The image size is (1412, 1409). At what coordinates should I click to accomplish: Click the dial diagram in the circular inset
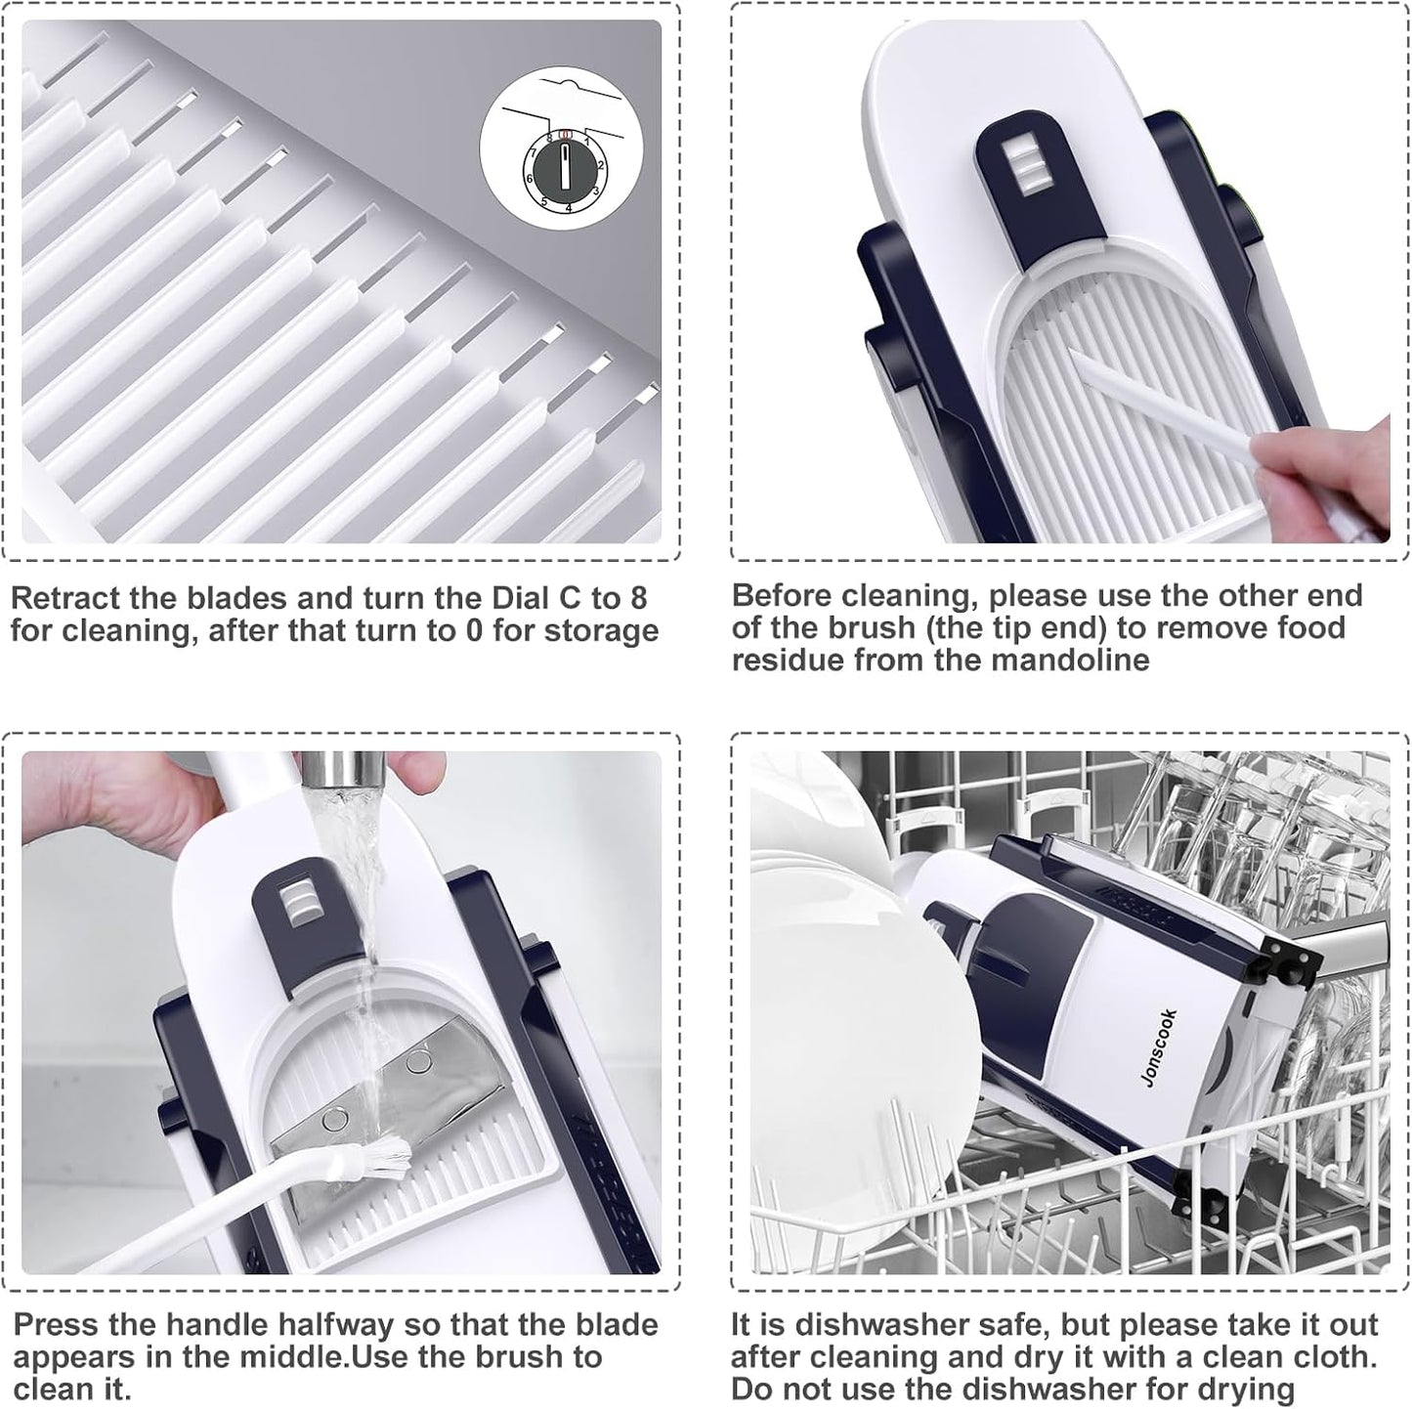click(x=563, y=167)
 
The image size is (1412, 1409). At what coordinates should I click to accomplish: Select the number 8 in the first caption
click(x=637, y=599)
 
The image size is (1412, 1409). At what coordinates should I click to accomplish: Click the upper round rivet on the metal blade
click(x=417, y=1059)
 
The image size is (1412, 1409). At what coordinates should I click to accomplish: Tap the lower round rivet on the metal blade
click(x=335, y=1119)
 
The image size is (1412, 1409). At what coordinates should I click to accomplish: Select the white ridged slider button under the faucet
click(x=298, y=904)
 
